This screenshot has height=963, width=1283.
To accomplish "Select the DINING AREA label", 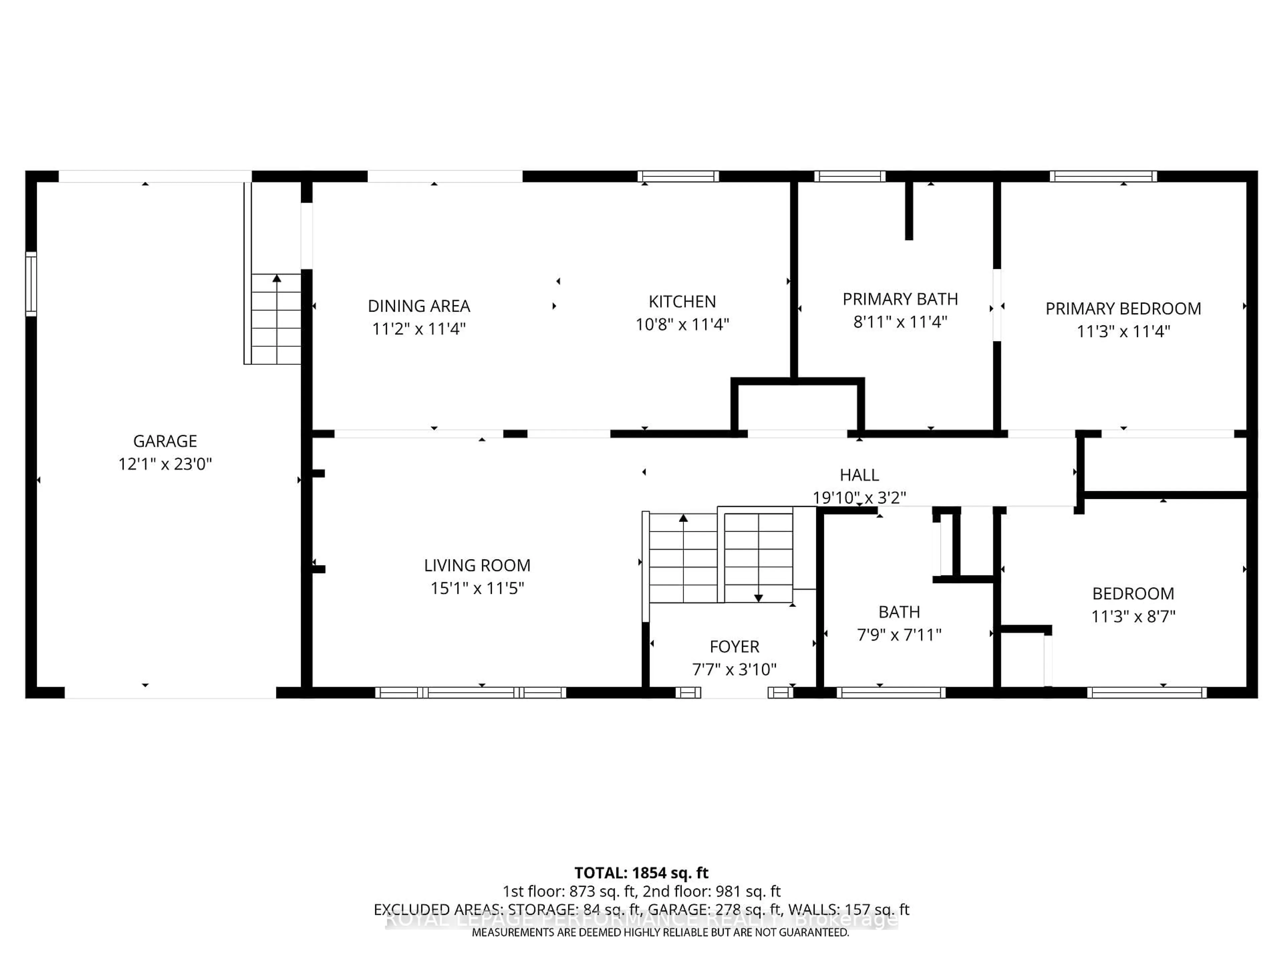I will click(x=419, y=306).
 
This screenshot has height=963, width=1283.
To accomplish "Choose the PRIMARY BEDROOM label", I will click(x=1123, y=309).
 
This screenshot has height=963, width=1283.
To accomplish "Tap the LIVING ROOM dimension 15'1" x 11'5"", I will click(x=477, y=588).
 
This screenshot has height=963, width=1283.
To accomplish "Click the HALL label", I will click(x=859, y=475).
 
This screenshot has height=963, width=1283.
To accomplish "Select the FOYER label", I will click(x=734, y=647).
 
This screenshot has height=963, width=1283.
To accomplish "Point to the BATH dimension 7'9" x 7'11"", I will click(x=899, y=635).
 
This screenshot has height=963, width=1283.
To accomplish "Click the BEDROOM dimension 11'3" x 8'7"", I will click(x=1133, y=617).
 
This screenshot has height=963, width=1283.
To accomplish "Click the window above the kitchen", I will click(x=678, y=177).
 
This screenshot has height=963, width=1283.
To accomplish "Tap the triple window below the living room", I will click(x=470, y=692).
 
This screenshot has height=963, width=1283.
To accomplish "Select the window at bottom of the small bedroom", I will click(x=1147, y=692).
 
